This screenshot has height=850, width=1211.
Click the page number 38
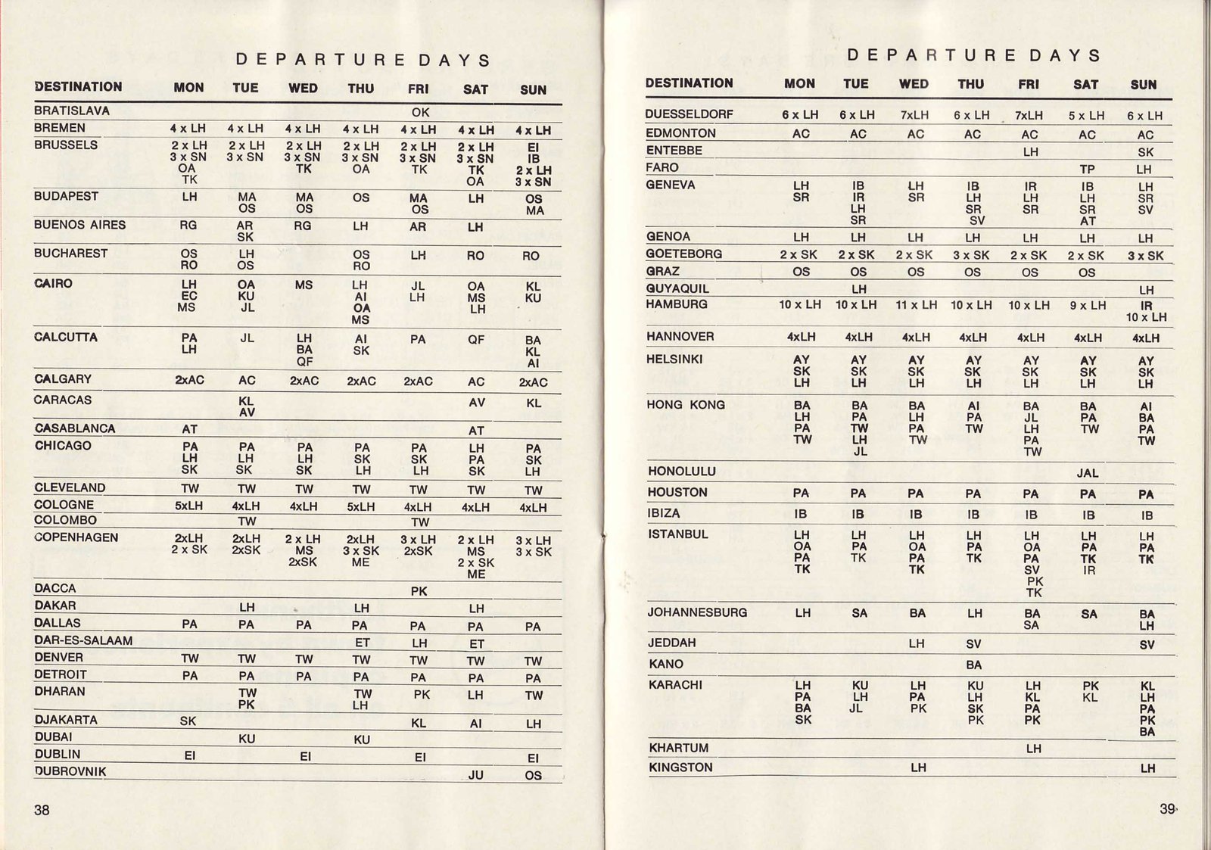42,810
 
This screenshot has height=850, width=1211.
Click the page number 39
1168,808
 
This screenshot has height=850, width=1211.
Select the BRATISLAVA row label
72,111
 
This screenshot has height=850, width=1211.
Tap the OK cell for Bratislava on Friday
420,113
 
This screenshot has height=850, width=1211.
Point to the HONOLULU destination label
682,471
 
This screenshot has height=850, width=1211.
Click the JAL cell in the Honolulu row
1088,473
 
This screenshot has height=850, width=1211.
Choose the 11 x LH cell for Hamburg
916,305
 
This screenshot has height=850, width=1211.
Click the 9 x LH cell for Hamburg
1087,306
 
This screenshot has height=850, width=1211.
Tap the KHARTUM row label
679,748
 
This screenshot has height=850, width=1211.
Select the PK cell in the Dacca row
419,591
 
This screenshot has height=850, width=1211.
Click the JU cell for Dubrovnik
475,775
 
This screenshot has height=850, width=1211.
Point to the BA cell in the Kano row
973,665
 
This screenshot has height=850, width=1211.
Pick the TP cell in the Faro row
1088,170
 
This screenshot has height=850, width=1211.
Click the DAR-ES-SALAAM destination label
83,640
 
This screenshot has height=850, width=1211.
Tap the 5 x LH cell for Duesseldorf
1087,116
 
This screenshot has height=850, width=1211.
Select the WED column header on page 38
303,89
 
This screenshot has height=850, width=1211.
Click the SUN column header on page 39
1144,85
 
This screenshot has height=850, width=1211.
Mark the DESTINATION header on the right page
689,83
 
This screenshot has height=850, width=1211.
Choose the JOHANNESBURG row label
697,612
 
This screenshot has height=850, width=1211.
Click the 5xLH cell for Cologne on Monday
188,506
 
